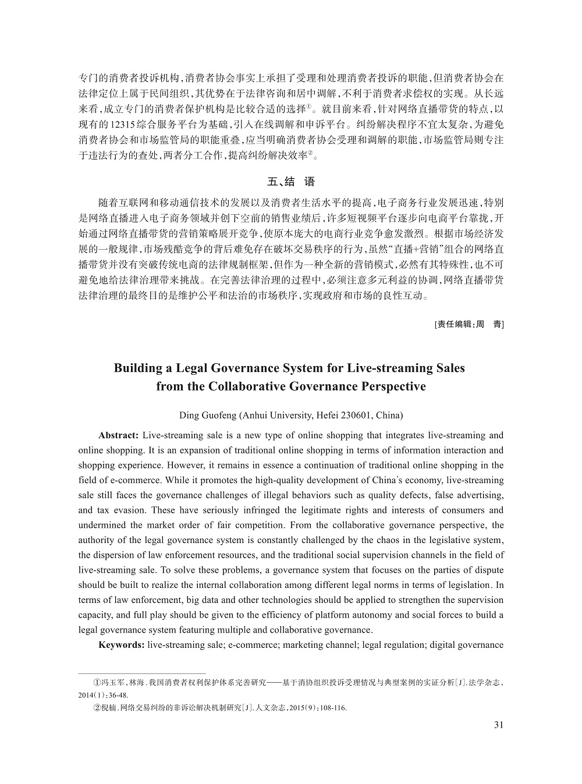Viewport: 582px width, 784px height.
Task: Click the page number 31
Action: pos(498,725)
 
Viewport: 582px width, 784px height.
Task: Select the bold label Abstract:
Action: pos(118,435)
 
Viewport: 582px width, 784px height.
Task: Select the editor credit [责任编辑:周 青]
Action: pos(469,324)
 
